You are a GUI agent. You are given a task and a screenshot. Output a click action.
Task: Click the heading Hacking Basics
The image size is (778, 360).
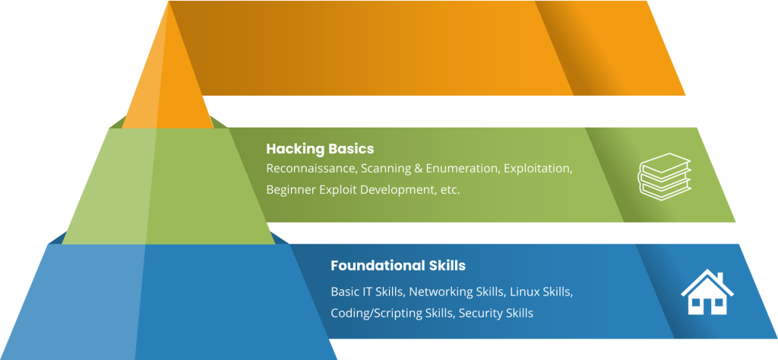click(320, 149)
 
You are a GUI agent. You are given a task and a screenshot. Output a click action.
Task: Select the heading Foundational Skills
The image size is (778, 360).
click(397, 266)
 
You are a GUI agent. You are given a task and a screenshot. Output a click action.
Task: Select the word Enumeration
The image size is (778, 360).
click(462, 169)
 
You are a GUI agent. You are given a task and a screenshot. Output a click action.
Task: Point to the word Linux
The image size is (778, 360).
click(524, 292)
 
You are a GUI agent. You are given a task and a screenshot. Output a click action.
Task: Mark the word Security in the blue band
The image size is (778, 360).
click(482, 313)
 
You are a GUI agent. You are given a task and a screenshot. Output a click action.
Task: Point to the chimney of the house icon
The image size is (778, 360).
click(719, 276)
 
